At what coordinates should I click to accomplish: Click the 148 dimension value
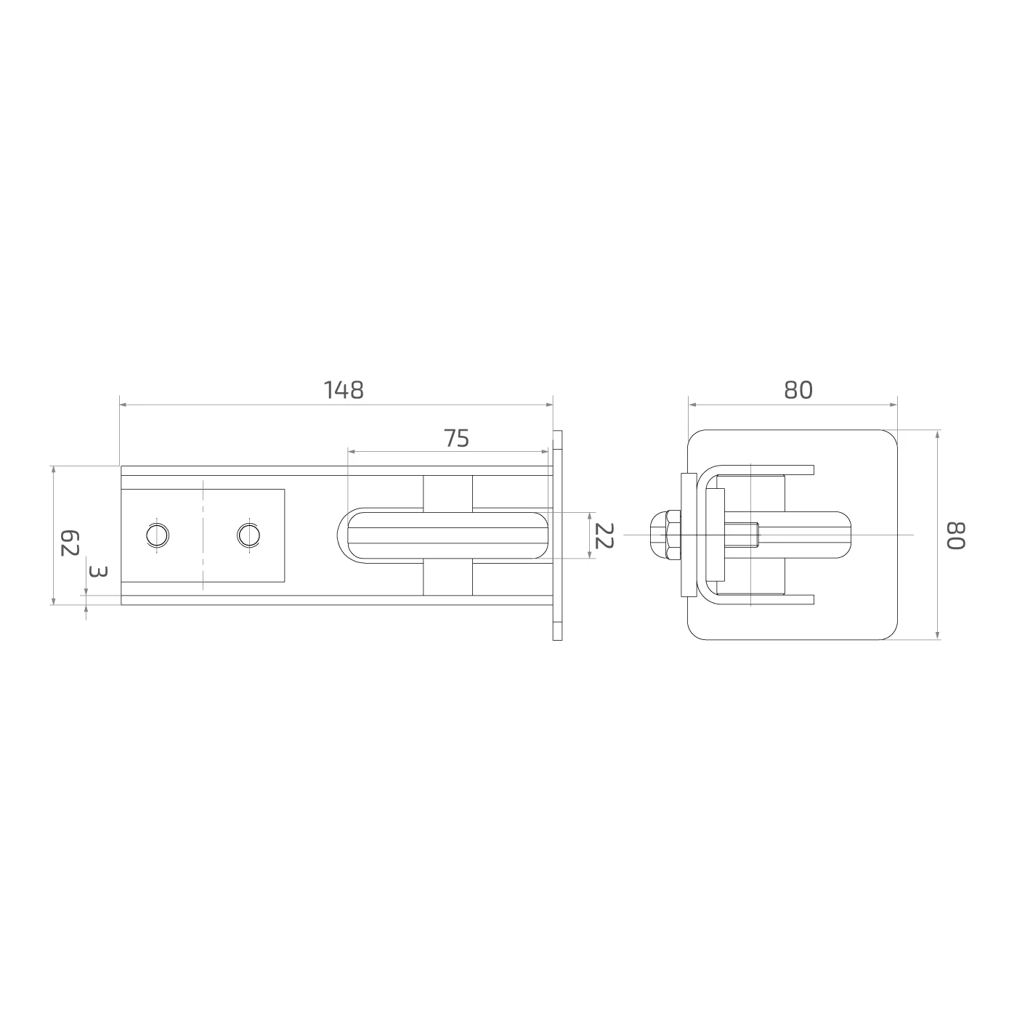point(343,390)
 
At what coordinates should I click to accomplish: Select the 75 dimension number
point(456,438)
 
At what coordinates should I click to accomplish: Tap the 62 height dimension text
point(69,543)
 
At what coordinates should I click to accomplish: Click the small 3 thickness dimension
point(99,571)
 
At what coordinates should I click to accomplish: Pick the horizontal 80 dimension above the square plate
point(798,390)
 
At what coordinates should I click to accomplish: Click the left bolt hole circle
point(158,535)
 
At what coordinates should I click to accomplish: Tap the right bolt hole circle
point(248,535)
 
